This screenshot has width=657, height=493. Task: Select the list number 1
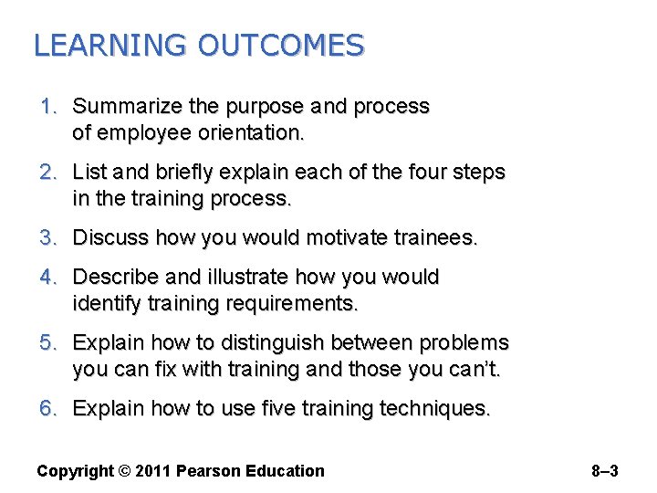(47, 107)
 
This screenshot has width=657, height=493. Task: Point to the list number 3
(47, 238)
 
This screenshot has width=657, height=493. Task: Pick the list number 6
(47, 408)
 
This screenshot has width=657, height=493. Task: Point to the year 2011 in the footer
(153, 471)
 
